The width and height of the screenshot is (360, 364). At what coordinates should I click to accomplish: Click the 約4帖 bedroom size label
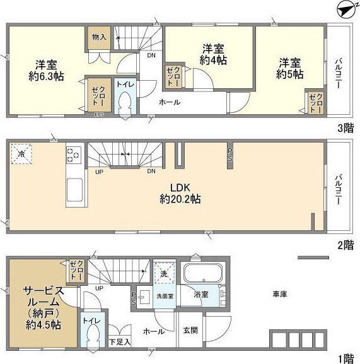(213, 61)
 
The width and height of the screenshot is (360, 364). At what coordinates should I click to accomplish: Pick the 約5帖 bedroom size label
(290, 74)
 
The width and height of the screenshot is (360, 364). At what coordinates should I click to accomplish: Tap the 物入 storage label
(98, 37)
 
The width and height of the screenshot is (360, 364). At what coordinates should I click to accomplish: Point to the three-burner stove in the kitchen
(74, 155)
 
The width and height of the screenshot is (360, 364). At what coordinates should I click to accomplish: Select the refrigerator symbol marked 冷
(21, 153)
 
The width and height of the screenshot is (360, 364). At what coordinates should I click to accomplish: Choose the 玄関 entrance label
(190, 331)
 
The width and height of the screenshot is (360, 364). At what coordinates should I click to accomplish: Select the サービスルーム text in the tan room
(44, 296)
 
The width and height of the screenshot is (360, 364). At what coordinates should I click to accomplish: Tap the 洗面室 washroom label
(163, 295)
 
